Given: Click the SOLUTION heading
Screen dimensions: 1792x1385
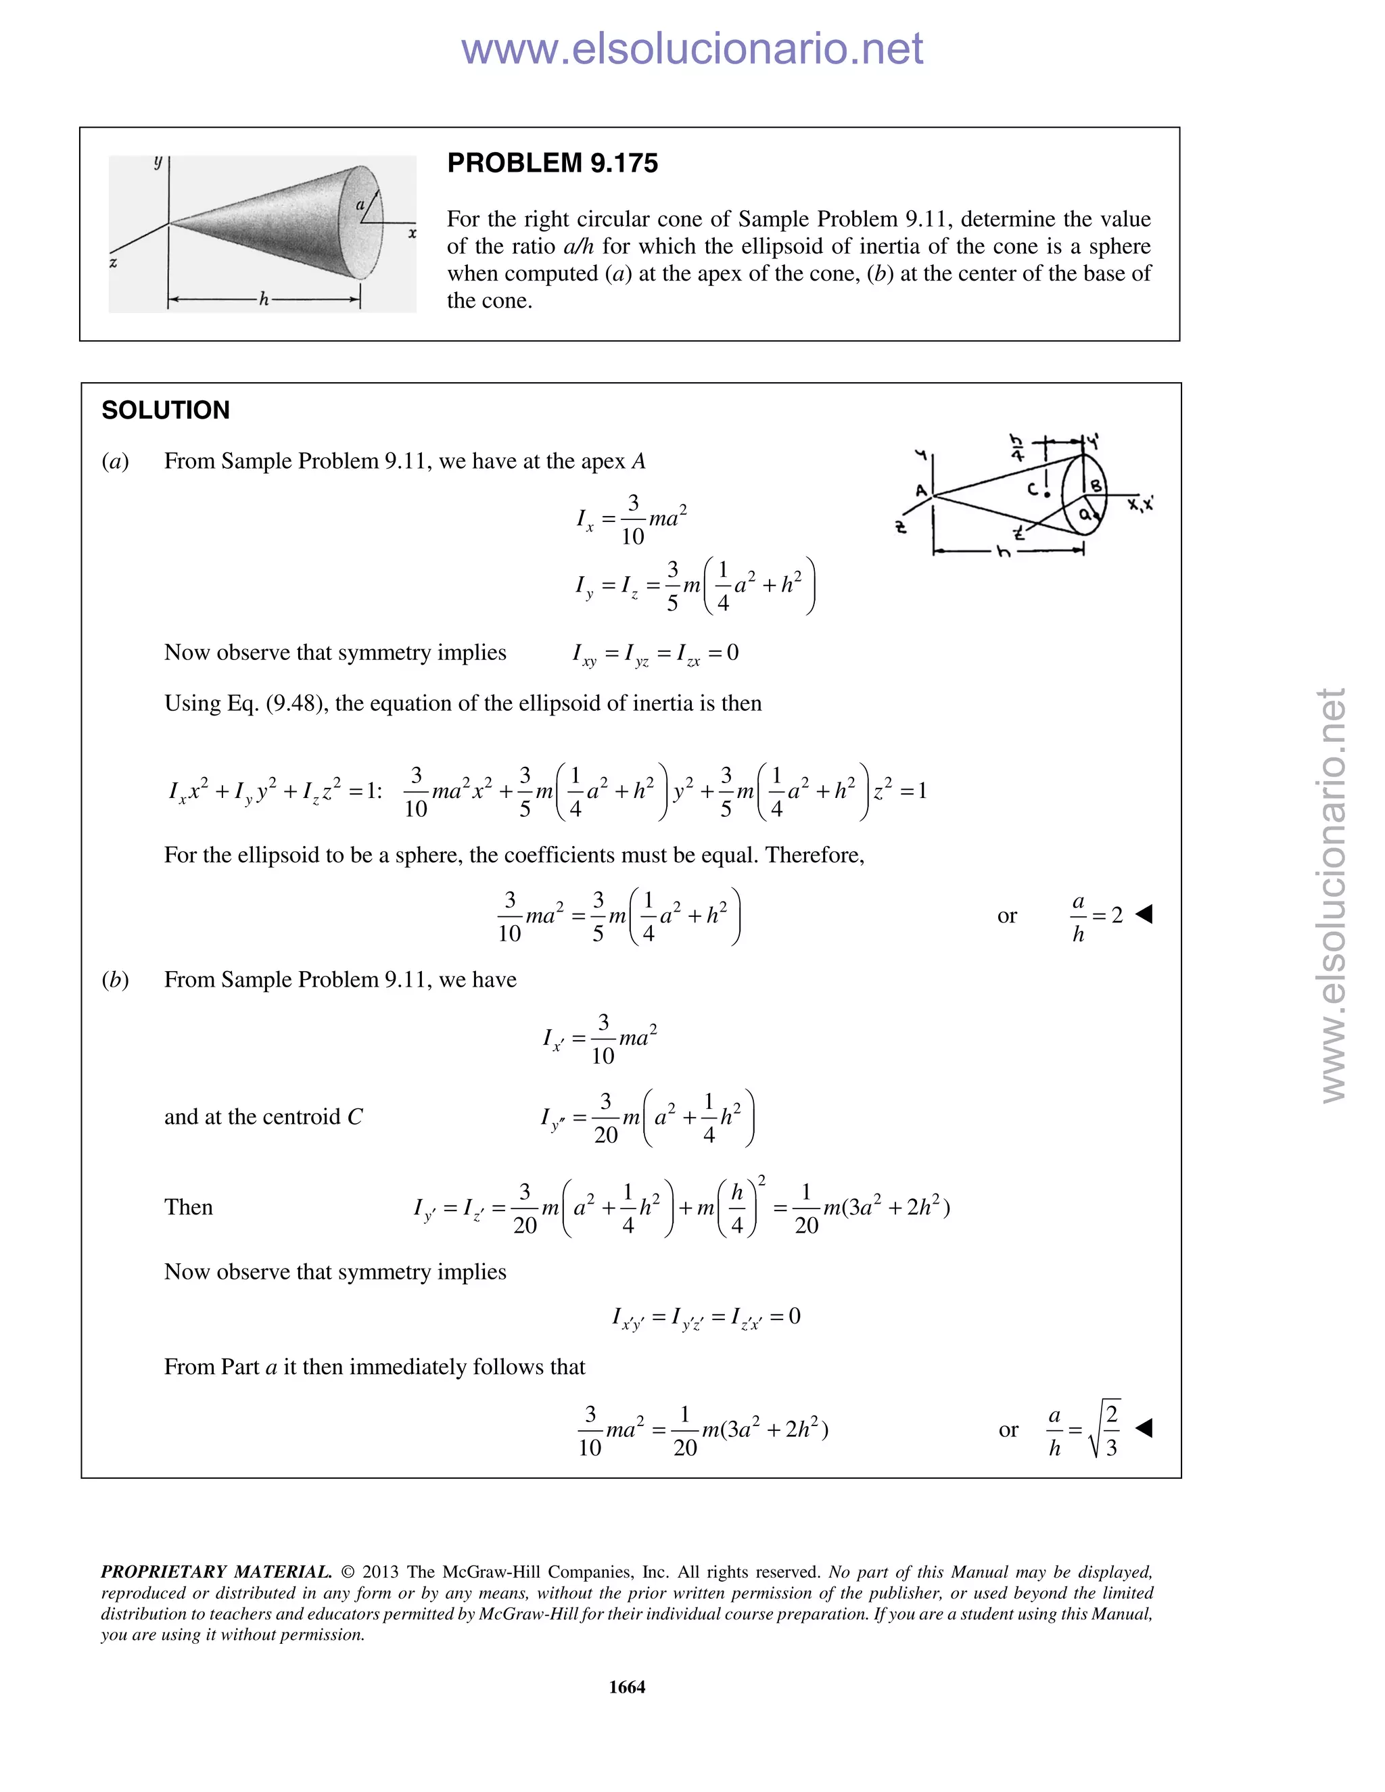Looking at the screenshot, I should coord(166,410).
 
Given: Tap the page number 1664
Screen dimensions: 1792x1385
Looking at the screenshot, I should coord(627,1687).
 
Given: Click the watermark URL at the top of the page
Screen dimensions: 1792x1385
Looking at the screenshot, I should coord(692,49).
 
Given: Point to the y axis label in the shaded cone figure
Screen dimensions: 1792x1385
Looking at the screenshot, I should coord(158,162).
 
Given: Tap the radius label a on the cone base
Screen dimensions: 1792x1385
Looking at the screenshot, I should coord(359,204).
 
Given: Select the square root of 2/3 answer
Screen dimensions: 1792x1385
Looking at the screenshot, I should coord(1085,1430).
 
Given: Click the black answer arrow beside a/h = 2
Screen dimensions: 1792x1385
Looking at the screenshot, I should coord(1144,913).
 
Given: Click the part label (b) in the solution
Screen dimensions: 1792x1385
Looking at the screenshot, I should coord(116,980).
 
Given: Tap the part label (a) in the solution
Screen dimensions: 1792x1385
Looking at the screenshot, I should coord(116,461).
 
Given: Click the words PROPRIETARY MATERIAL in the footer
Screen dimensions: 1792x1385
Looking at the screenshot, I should coord(216,1572).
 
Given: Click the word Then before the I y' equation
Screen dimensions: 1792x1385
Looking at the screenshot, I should coord(188,1207).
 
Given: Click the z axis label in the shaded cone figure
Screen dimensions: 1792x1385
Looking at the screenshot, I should coord(113,263).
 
